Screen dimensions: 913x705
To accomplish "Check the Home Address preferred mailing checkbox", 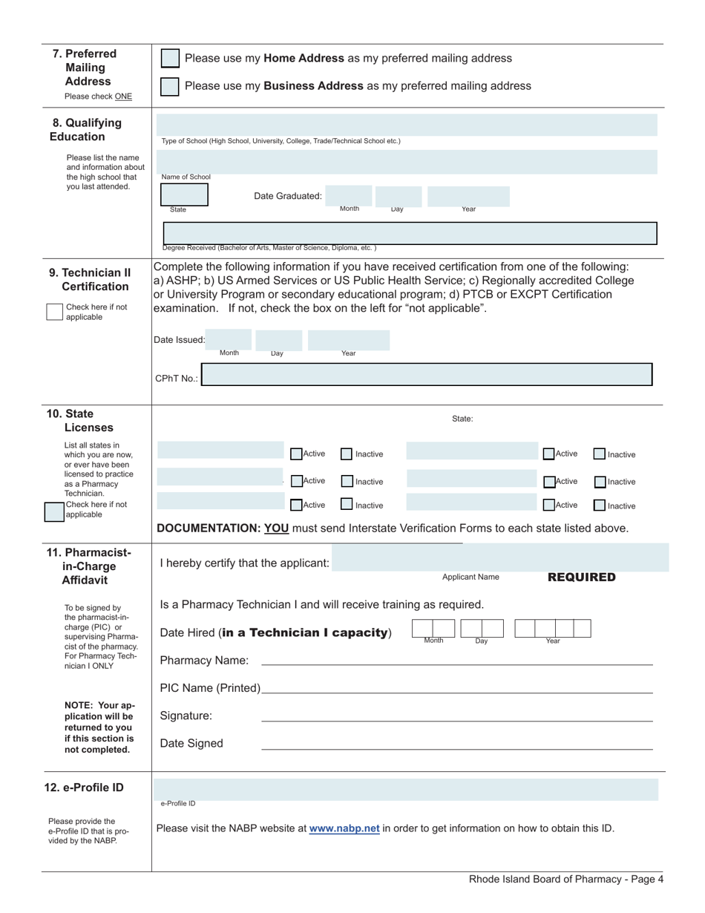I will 170,59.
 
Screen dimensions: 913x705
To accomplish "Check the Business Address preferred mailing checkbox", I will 170,86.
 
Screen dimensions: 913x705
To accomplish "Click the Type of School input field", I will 406,125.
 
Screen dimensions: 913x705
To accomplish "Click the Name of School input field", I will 406,161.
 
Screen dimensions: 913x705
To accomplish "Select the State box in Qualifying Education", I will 185,194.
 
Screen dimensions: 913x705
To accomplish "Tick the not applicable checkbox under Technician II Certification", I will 54,312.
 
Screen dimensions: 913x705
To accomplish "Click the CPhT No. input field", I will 427,375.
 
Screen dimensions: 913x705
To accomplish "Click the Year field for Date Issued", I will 348,341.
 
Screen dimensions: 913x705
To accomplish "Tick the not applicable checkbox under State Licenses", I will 54,511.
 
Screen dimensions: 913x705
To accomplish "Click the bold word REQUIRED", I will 581,577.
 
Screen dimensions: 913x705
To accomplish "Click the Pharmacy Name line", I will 456,661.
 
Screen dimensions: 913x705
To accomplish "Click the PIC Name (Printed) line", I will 456,688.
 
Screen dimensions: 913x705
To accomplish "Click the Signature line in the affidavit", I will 456,716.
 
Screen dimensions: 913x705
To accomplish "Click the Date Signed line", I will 456,744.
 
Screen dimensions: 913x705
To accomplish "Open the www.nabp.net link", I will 344,828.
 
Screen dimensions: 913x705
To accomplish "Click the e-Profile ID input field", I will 406,790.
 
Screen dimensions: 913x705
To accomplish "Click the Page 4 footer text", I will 566,880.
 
